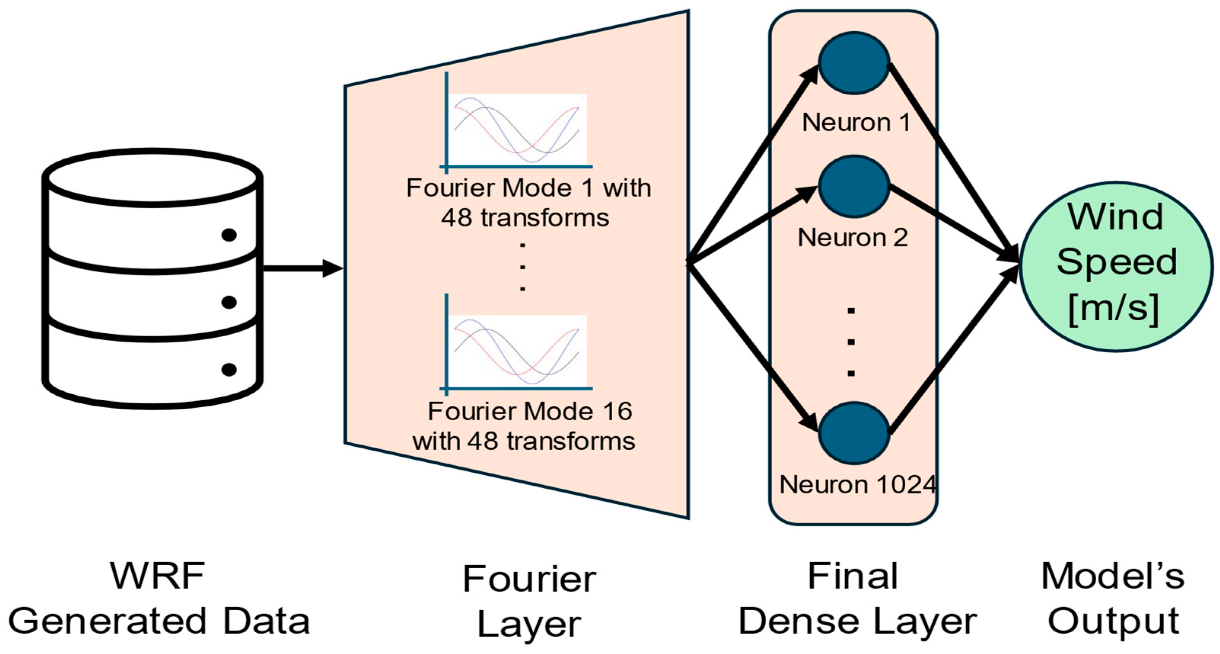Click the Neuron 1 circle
tap(854, 63)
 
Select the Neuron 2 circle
tap(854, 186)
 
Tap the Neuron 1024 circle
tap(854, 433)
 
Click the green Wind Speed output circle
tap(1116, 267)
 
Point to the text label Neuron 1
tap(856, 123)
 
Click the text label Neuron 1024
tap(858, 485)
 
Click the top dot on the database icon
tap(229, 235)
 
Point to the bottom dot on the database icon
tap(229, 369)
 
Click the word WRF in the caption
tap(157, 576)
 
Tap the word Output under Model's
tap(1113, 622)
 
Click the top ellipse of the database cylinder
tap(153, 178)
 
